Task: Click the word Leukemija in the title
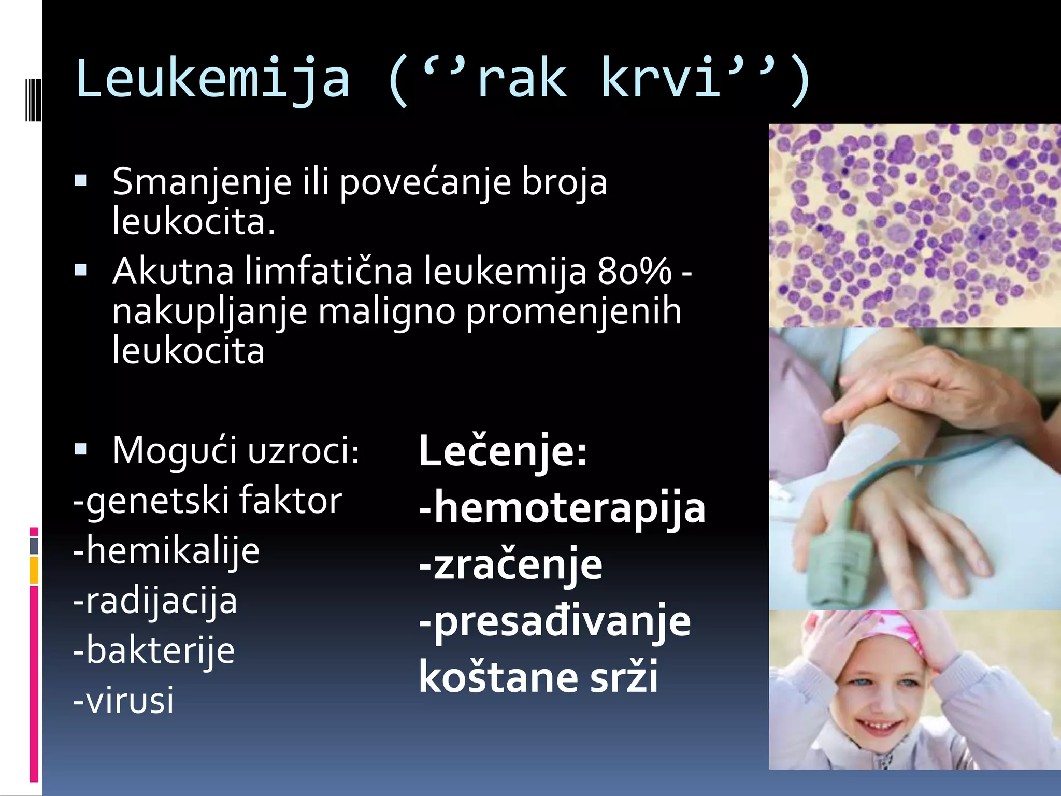pos(212,79)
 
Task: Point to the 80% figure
pos(634,271)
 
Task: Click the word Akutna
pos(173,271)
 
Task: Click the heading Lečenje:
pos(503,451)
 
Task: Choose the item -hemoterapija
pos(562,508)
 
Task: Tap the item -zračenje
pos(511,564)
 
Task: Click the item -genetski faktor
pos(207,501)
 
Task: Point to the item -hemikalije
pos(166,551)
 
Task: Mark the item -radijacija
pos(155,601)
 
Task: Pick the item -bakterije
pos(154,651)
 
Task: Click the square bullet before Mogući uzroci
pos(81,449)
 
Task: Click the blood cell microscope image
pos(914,225)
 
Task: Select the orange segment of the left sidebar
pos(34,570)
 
